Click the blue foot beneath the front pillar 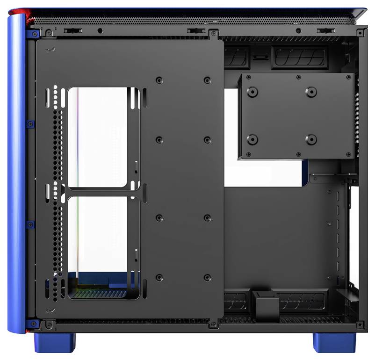pyautogui.click(x=55, y=342)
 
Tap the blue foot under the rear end pyautogui.click(x=334, y=342)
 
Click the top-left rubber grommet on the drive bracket pyautogui.click(x=252, y=92)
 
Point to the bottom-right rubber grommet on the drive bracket pyautogui.click(x=311, y=139)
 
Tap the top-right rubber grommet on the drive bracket pyautogui.click(x=311, y=92)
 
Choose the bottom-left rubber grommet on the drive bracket pyautogui.click(x=252, y=139)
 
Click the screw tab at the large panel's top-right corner pyautogui.click(x=214, y=34)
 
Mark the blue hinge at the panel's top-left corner pyautogui.click(x=33, y=34)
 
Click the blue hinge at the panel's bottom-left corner pyautogui.click(x=33, y=324)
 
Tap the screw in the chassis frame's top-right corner pyautogui.click(x=359, y=33)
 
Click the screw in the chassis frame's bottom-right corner pyautogui.click(x=359, y=324)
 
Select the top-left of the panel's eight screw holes pyautogui.click(x=159, y=80)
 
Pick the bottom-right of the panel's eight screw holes pyautogui.click(x=207, y=278)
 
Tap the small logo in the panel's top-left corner pyautogui.click(x=47, y=50)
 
